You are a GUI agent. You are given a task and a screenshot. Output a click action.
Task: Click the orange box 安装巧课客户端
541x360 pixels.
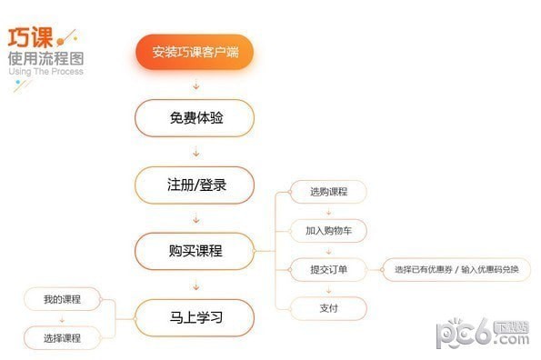195,53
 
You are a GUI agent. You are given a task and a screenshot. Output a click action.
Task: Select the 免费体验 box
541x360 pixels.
195,118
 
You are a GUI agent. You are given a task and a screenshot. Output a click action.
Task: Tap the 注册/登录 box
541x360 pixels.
195,185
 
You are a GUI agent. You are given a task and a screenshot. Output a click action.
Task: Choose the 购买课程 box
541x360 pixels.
195,252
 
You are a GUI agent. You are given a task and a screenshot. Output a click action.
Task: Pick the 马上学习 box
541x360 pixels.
195,318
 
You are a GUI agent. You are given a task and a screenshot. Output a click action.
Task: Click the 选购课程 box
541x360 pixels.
328,192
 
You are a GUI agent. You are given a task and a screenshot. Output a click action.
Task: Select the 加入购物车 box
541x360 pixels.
328,231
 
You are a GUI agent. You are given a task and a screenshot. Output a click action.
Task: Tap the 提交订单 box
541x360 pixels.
328,269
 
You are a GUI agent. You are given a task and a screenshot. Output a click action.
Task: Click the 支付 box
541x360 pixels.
328,308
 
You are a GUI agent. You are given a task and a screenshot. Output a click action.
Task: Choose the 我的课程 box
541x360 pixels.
62,299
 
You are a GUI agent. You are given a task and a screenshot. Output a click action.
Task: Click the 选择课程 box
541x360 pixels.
62,338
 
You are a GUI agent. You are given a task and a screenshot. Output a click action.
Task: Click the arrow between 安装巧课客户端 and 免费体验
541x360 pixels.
195,86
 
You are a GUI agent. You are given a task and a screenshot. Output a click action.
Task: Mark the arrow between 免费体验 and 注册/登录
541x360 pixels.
195,153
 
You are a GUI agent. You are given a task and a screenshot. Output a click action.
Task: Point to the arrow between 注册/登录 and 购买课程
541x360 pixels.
195,219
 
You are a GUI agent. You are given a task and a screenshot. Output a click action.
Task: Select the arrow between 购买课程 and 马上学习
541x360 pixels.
195,285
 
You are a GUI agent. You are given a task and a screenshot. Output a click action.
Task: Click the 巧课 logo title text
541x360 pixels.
30,39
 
